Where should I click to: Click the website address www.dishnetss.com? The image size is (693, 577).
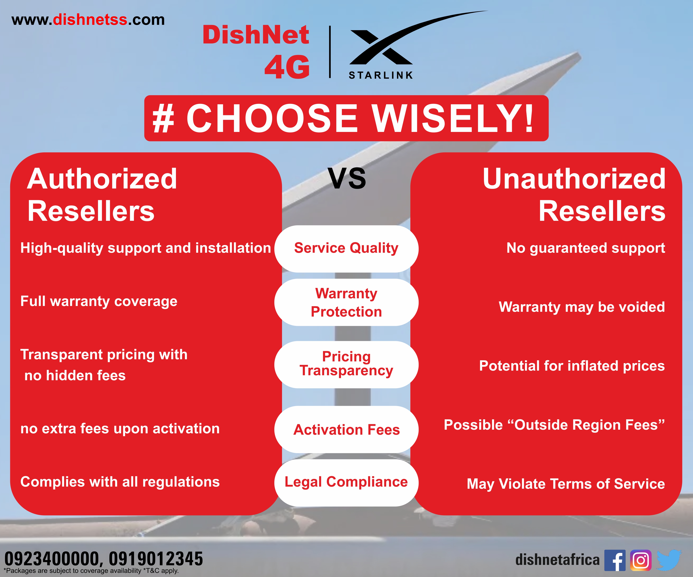pos(88,20)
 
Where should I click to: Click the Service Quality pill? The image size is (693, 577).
pos(346,249)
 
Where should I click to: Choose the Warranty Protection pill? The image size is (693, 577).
pos(346,302)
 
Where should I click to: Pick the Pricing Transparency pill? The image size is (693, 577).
pos(346,364)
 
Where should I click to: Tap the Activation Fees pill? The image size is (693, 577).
pos(346,429)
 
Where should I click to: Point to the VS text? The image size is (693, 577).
pos(347,179)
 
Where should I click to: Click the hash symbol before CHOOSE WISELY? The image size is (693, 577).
pos(163,118)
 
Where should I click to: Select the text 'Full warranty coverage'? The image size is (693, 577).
pos(99,301)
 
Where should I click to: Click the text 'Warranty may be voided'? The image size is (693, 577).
pos(582,307)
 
